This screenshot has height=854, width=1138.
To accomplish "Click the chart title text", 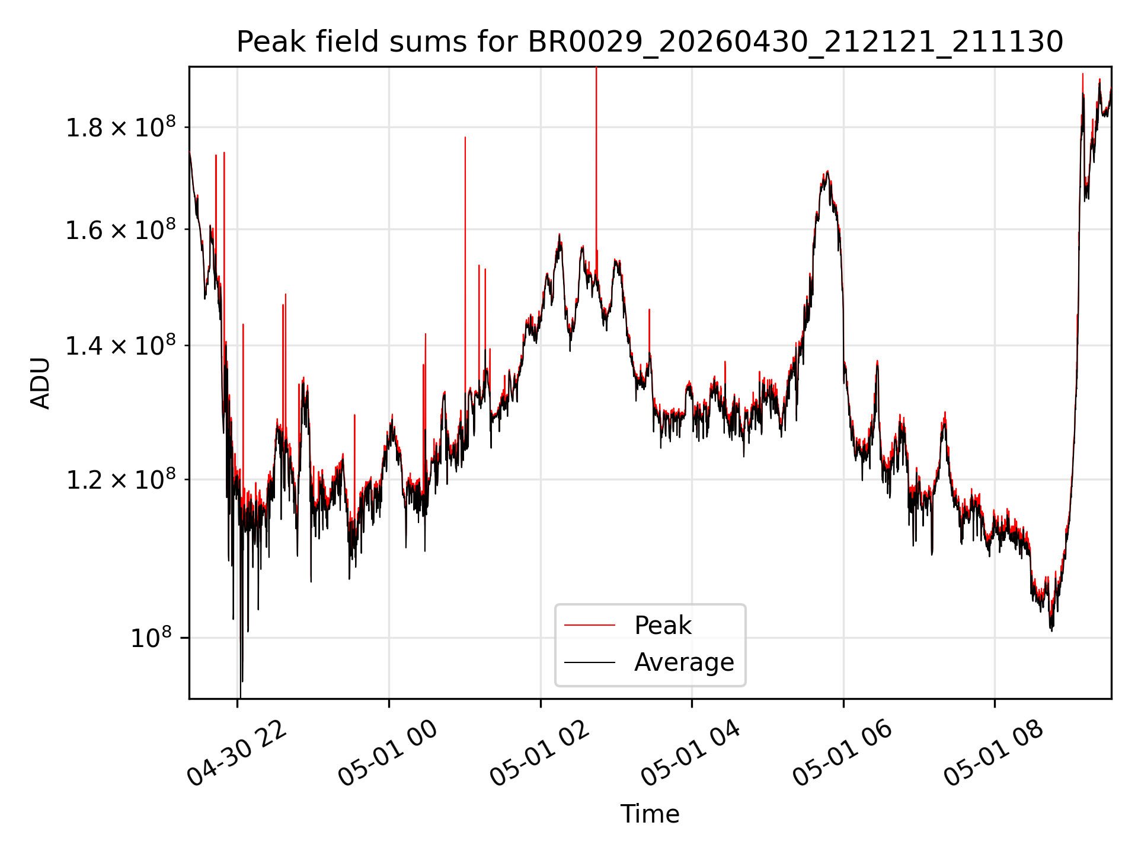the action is coord(650,42).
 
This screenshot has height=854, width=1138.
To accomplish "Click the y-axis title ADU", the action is coord(40,383).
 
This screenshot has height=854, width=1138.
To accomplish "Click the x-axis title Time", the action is coord(650,814).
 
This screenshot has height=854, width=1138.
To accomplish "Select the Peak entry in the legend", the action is coord(663,625).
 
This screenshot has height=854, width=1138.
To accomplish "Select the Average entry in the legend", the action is coord(684,662).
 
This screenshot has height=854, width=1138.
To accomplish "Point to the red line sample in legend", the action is coord(590,625).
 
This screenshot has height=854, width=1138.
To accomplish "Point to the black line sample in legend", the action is coord(590,662).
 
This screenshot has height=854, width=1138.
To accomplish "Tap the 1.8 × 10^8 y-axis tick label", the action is coord(120,126).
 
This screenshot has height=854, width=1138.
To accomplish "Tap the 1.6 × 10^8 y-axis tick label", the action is coord(120,228).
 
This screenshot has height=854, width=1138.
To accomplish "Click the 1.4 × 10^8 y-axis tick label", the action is coord(120,345).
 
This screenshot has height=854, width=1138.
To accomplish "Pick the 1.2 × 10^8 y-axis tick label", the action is coord(120,479).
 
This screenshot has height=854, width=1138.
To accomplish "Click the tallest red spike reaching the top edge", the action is coord(596,172).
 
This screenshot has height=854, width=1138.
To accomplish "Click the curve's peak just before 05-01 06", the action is coord(827,172).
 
